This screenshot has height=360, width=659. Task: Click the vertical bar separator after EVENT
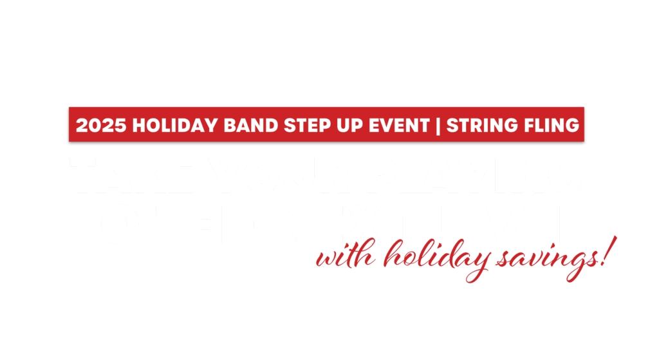pos(438,125)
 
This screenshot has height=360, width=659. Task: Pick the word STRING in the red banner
pos(476,125)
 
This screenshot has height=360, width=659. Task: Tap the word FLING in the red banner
pos(547,125)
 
